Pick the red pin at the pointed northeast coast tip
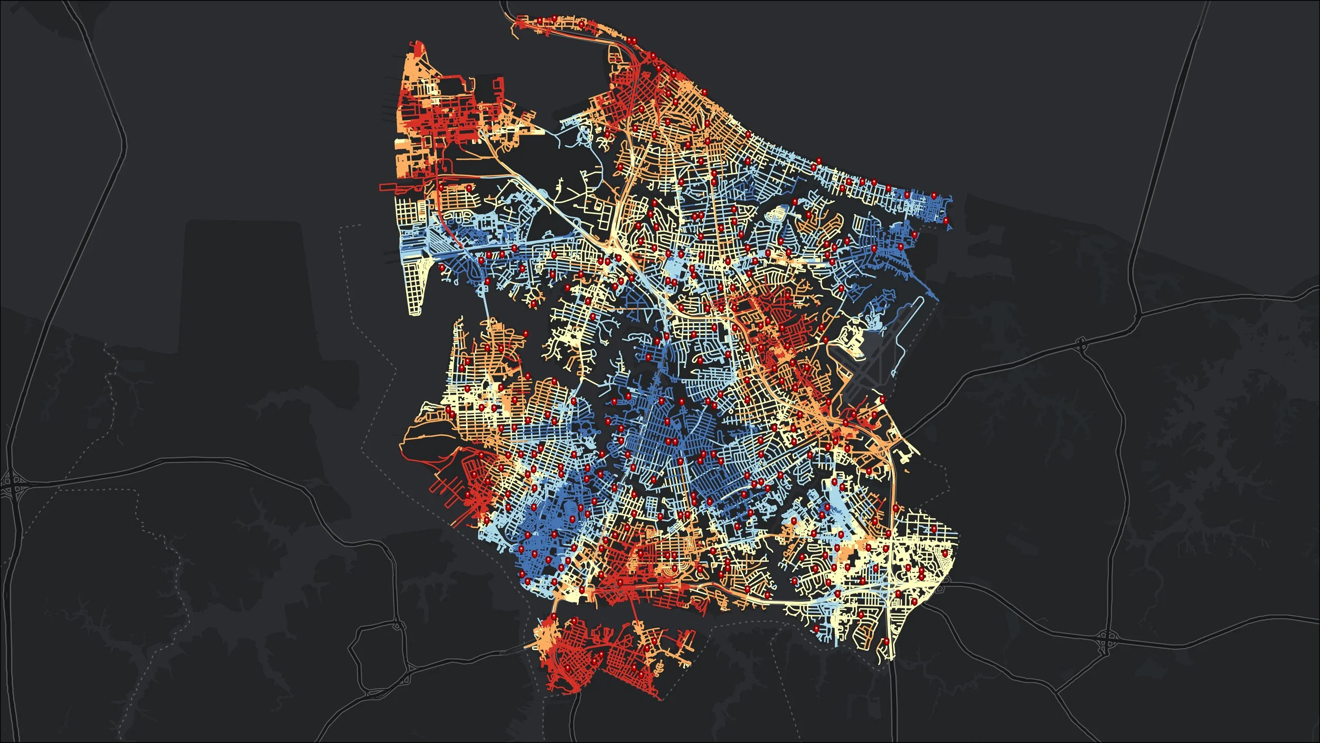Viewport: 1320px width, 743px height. (946, 220)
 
